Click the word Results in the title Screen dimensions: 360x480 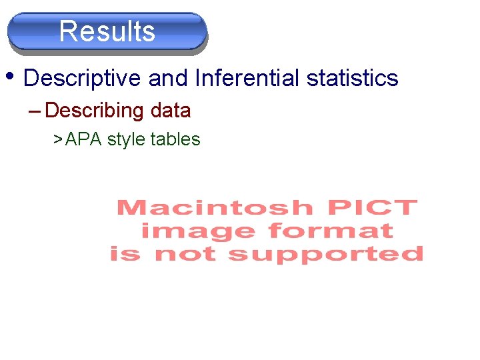point(107,31)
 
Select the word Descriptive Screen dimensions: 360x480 point(82,79)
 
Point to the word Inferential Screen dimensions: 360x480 point(247,79)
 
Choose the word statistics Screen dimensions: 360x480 point(352,79)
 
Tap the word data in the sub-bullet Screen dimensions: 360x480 point(171,111)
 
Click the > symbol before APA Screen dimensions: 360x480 point(58,139)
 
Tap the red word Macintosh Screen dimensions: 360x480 point(214,208)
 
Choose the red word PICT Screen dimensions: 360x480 point(371,208)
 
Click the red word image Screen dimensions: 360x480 point(197,231)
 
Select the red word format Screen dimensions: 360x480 point(330,231)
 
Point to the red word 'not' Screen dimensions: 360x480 point(184,254)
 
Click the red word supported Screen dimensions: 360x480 point(326,255)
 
